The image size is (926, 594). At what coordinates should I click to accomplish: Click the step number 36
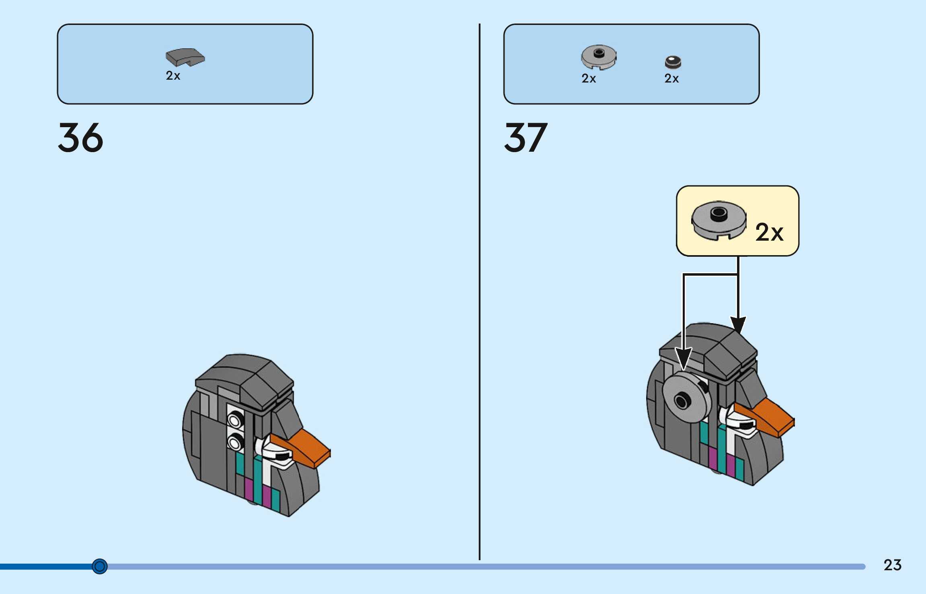pos(80,138)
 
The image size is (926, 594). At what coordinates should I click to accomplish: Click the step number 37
pos(526,138)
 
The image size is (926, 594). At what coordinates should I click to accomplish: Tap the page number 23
pos(892,565)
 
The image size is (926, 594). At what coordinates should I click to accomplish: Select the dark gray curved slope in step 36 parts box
pos(185,57)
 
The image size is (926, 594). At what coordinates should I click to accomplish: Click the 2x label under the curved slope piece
pos(173,76)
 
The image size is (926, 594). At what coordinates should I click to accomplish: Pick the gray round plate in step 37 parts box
pos(598,57)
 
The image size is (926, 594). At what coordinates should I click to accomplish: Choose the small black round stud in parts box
pos(673,62)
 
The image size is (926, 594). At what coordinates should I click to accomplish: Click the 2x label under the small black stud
pos(671,78)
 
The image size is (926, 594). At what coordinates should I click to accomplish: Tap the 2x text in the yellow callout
pos(769,232)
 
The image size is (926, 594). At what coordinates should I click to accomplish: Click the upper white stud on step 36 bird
pos(235,420)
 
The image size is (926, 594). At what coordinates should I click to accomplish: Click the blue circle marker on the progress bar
pos(100,566)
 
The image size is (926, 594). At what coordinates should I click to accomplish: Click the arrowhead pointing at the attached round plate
pos(683,358)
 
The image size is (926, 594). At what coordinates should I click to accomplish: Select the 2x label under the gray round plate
pos(588,78)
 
